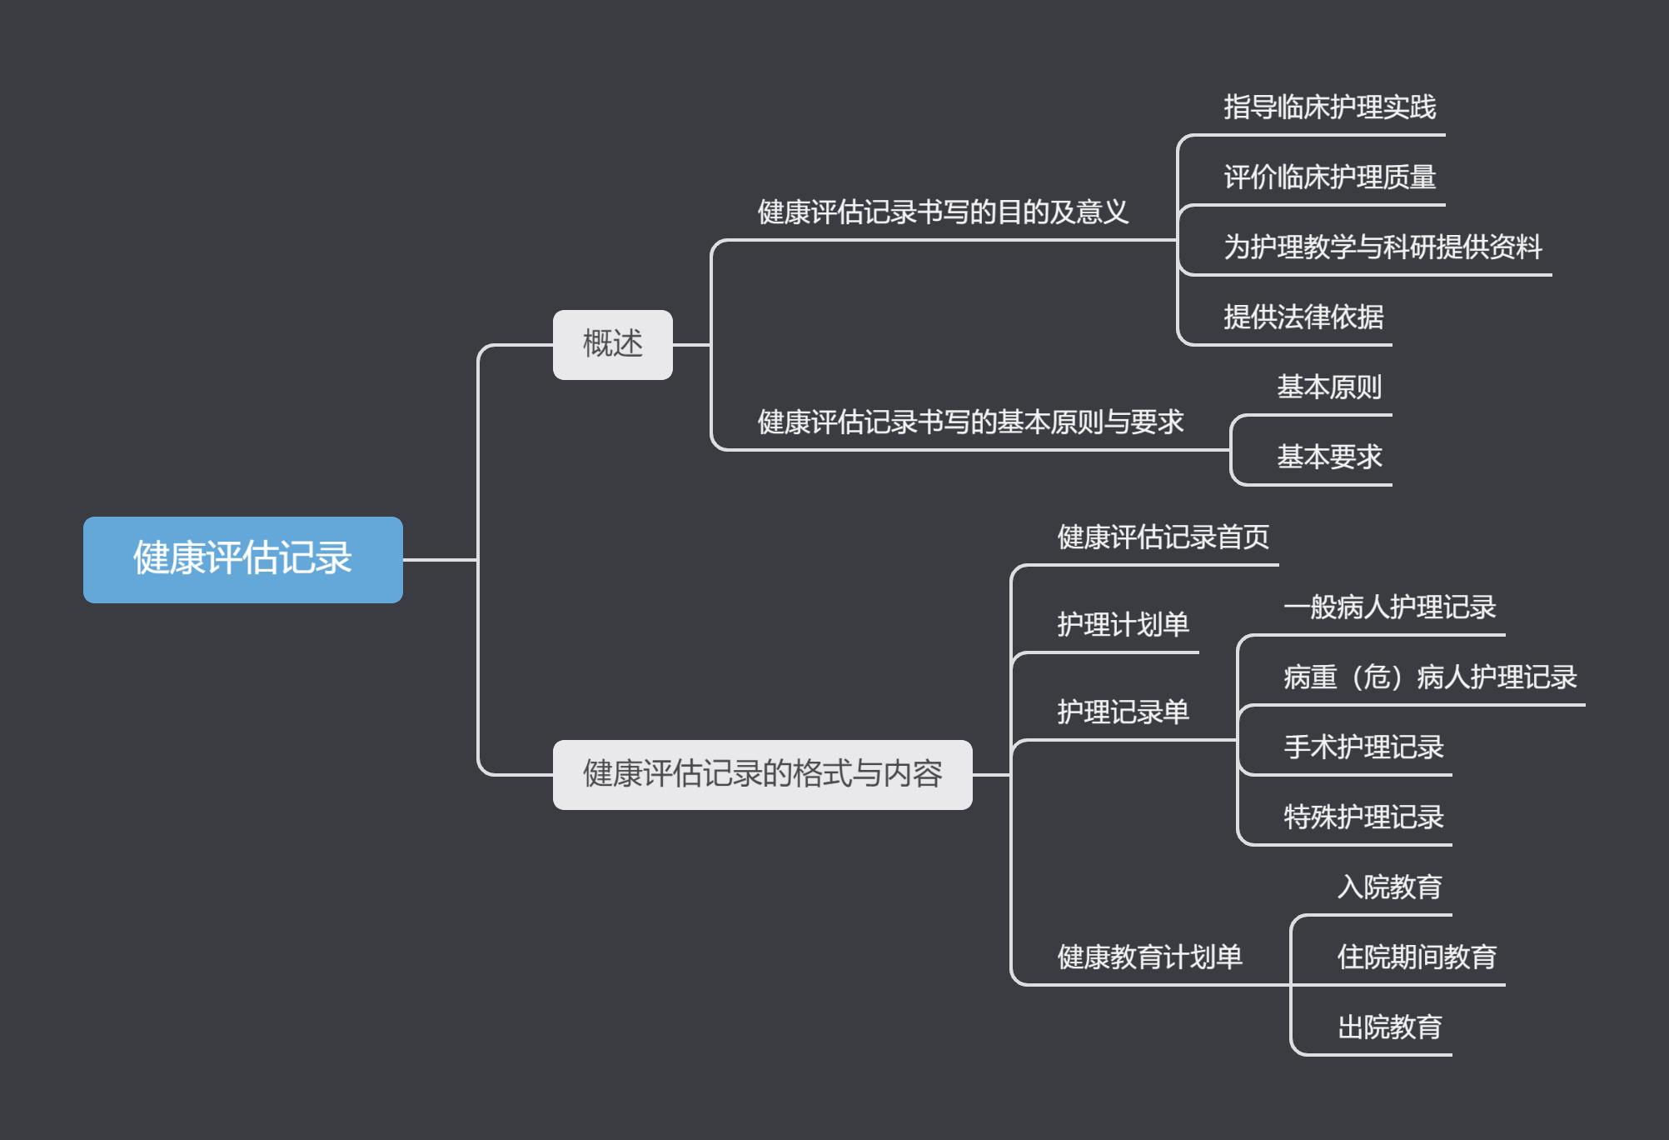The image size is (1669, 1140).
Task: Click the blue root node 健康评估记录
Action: pos(242,559)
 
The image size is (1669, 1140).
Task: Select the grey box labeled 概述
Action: pos(612,344)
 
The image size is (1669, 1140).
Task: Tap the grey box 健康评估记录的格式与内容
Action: pos(762,774)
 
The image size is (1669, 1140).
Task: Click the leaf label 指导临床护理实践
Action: pos(1329,107)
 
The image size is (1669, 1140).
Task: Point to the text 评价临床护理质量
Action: pos(1329,177)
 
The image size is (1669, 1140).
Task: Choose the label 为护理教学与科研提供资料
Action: pos(1383,247)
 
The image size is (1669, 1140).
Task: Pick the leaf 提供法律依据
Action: pos(1303,317)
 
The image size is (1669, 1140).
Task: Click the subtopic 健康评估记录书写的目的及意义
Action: pos(943,212)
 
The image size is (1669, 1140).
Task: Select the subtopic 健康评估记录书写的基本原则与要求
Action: pos(970,422)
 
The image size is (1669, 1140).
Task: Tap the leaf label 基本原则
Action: pos(1329,387)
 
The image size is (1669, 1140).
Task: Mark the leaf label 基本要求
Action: pos(1329,457)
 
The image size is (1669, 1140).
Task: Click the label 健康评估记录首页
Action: pos(1163,537)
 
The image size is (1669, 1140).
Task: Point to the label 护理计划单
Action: pos(1123,625)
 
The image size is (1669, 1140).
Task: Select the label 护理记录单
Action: pos(1123,712)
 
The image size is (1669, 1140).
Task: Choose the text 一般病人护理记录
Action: pos(1389,607)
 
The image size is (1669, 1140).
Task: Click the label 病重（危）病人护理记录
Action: pos(1429,677)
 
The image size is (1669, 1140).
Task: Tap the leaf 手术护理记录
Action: pos(1363,747)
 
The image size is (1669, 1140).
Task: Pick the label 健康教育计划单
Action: pos(1149,957)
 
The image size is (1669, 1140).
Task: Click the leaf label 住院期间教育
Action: pos(1416,957)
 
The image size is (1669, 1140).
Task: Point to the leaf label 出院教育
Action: pos(1389,1027)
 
